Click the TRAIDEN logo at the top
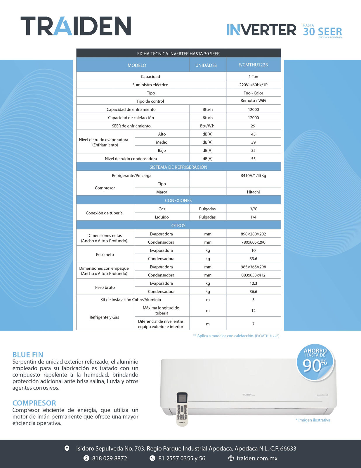coord(76,26)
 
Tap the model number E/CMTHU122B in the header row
coord(253,65)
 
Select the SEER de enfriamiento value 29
coord(253,126)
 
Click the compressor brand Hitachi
coord(253,192)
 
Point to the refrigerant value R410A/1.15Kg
coord(253,175)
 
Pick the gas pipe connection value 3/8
coord(253,209)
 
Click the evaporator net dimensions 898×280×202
coord(253,234)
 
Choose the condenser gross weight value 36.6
coord(253,291)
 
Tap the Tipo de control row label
coord(150,101)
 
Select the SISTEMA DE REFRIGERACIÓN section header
coord(178,167)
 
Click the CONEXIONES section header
coord(178,200)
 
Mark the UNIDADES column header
coord(206,65)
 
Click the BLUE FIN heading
coord(28,355)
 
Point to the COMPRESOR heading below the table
coord(34,403)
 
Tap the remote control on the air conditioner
coord(182,409)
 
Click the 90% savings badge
coord(315,362)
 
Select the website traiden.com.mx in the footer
coord(257,458)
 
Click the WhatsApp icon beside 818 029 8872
coord(86,458)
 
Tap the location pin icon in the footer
coord(67,448)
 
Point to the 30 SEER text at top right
coord(322,31)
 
